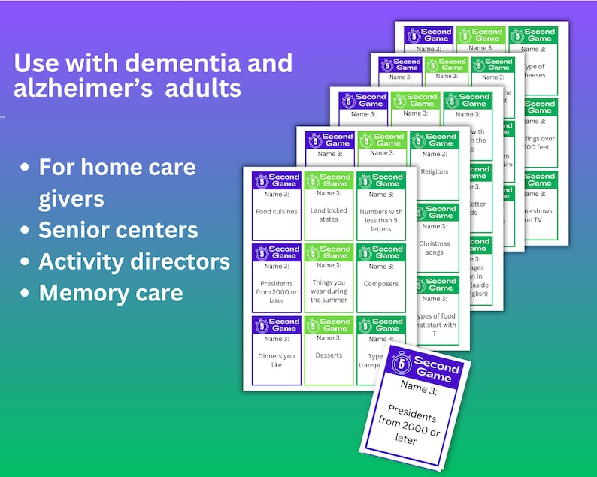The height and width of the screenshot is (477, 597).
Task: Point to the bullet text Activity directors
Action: coord(134,261)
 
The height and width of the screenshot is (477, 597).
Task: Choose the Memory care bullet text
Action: coord(111,293)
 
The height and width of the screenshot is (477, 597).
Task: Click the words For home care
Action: coord(117,167)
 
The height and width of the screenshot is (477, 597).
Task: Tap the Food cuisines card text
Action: coord(277,212)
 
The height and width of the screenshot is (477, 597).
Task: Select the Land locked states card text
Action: coord(329,215)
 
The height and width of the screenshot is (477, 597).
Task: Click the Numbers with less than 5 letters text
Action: coord(380,220)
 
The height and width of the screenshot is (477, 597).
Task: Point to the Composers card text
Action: coord(380,284)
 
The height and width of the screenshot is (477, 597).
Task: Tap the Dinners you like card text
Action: coord(277,360)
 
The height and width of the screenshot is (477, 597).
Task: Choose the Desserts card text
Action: coord(329,355)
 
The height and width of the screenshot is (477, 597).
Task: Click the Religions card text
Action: coord(434,171)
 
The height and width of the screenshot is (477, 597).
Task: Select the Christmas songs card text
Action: coord(434,248)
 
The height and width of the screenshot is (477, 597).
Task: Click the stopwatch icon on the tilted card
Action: coord(402,364)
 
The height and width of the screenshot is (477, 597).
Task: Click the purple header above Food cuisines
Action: coord(277,180)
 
